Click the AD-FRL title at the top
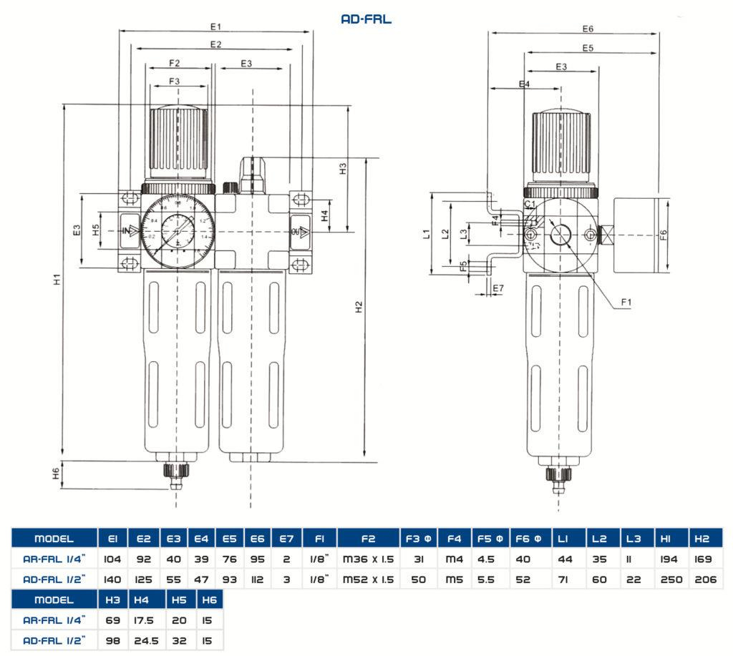point(366,19)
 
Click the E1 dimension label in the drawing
point(215,26)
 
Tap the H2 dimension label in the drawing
point(359,306)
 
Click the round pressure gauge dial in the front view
point(178,230)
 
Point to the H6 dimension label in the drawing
point(56,474)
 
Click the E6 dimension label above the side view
point(588,29)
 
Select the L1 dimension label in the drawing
point(425,233)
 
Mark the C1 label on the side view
point(530,205)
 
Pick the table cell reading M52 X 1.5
point(369,579)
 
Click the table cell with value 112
point(258,579)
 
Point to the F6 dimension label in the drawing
point(663,235)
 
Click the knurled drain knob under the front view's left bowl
point(176,471)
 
